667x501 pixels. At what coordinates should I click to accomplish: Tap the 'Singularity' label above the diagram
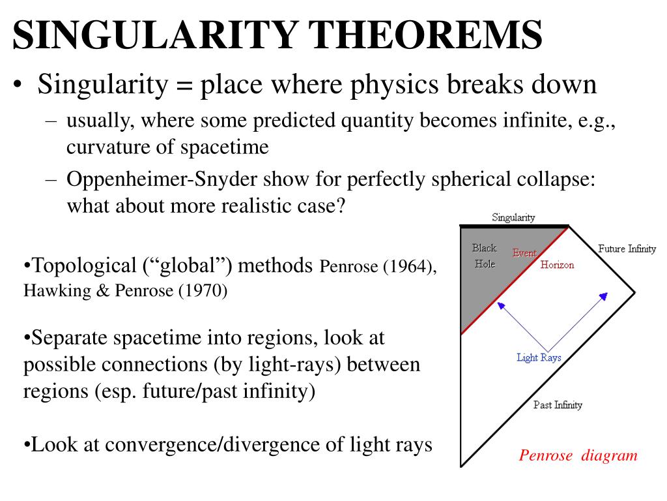click(513, 217)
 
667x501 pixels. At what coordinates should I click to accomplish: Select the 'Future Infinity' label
click(627, 249)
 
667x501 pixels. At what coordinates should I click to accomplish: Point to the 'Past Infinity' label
click(558, 405)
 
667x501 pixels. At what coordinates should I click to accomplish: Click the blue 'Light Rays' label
click(539, 357)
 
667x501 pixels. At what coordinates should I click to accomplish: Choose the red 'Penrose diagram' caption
click(578, 455)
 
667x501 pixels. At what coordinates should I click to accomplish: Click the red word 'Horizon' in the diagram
click(557, 265)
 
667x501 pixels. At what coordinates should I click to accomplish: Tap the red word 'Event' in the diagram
click(524, 253)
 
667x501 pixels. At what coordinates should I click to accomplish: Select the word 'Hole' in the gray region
click(485, 264)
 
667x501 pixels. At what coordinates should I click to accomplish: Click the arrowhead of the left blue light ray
click(500, 304)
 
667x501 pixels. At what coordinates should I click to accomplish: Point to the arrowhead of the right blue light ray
click(604, 296)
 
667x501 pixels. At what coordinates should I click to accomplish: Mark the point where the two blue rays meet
click(547, 350)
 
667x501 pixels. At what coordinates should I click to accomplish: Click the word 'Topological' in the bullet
click(83, 266)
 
